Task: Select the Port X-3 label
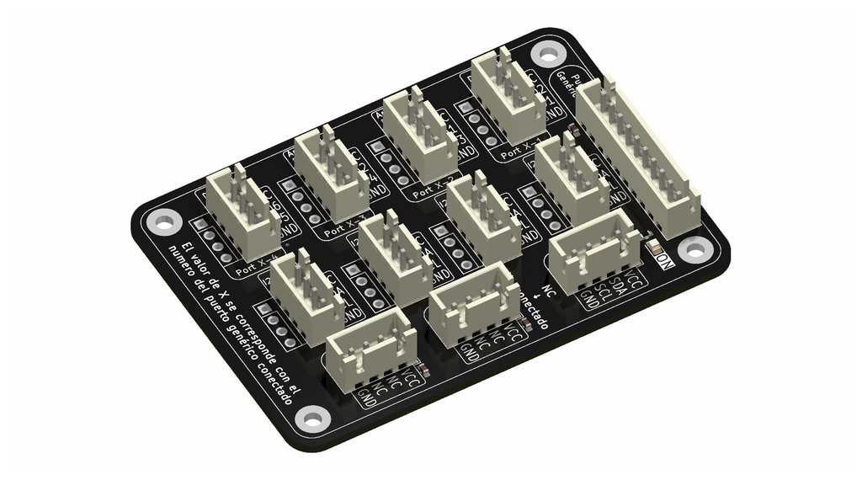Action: (343, 225)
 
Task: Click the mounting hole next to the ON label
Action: (693, 248)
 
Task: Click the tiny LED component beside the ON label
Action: (652, 249)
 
